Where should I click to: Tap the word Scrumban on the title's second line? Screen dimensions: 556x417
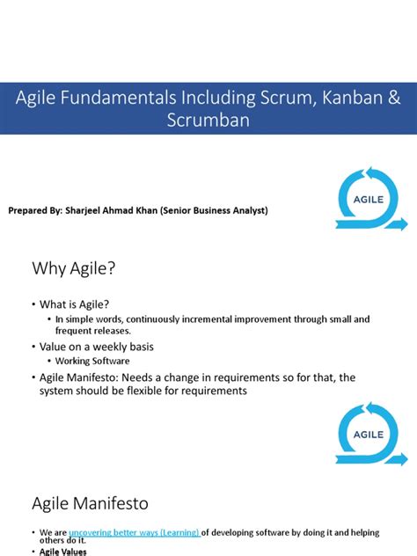[208, 121]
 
